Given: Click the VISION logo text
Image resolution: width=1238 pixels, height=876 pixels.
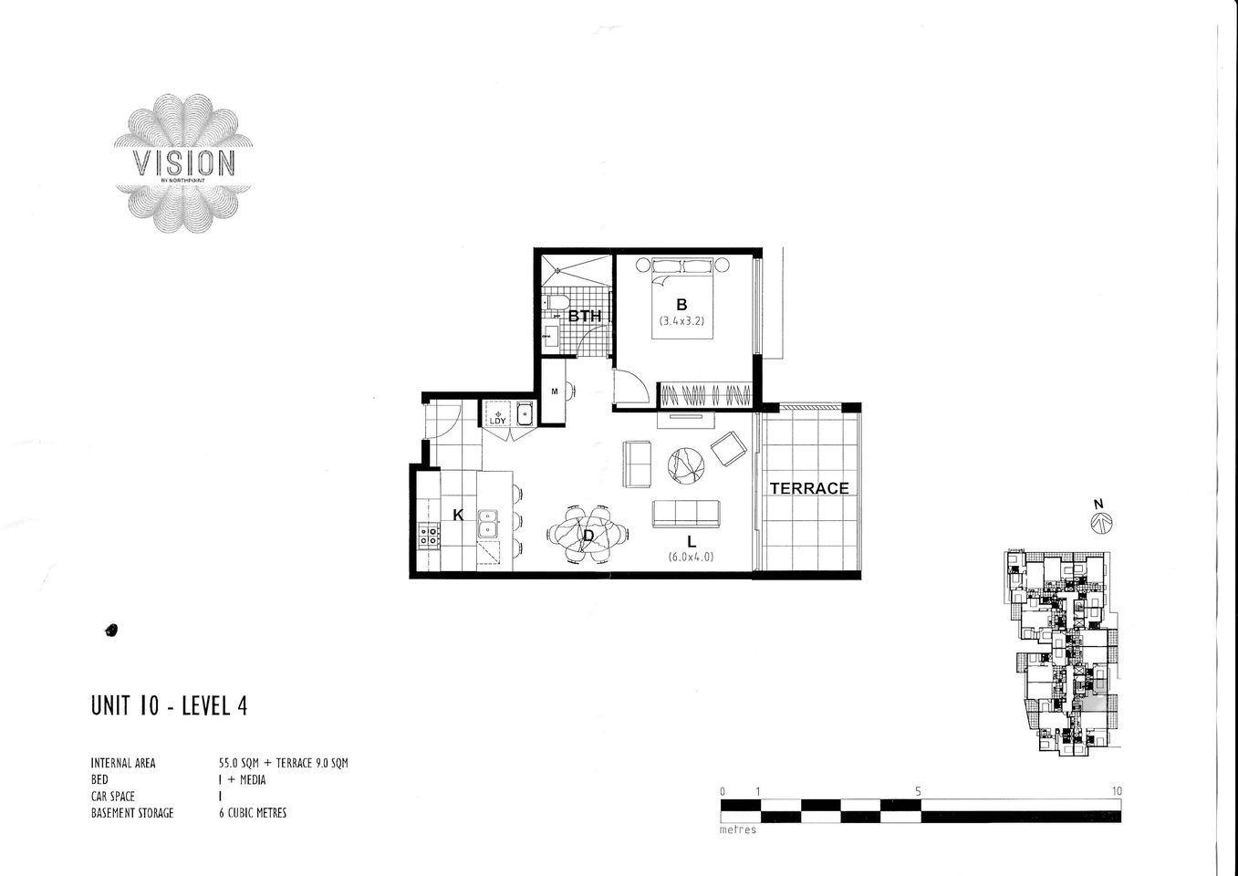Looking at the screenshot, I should point(184,163).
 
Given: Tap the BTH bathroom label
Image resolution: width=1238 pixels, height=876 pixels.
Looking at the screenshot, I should point(585,317).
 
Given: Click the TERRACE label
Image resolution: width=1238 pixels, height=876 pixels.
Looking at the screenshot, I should point(809,488).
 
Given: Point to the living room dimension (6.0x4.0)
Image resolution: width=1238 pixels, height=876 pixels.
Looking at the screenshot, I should point(692,557).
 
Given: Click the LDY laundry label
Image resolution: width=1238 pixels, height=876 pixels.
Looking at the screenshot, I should point(497,421).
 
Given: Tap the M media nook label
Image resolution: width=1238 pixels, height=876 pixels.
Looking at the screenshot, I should point(554,391).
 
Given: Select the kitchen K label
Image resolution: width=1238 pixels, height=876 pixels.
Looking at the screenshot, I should point(458,516).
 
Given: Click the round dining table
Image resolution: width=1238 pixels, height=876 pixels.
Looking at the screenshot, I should point(588,534).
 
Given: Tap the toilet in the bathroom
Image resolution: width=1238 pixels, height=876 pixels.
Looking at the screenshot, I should point(556,304).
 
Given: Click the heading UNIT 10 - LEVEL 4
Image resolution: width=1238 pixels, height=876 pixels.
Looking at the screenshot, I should point(169,706).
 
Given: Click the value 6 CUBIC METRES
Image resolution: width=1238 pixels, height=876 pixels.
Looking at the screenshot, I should point(247,813).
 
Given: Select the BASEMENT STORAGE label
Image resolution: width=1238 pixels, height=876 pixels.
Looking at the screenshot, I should point(131,813).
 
